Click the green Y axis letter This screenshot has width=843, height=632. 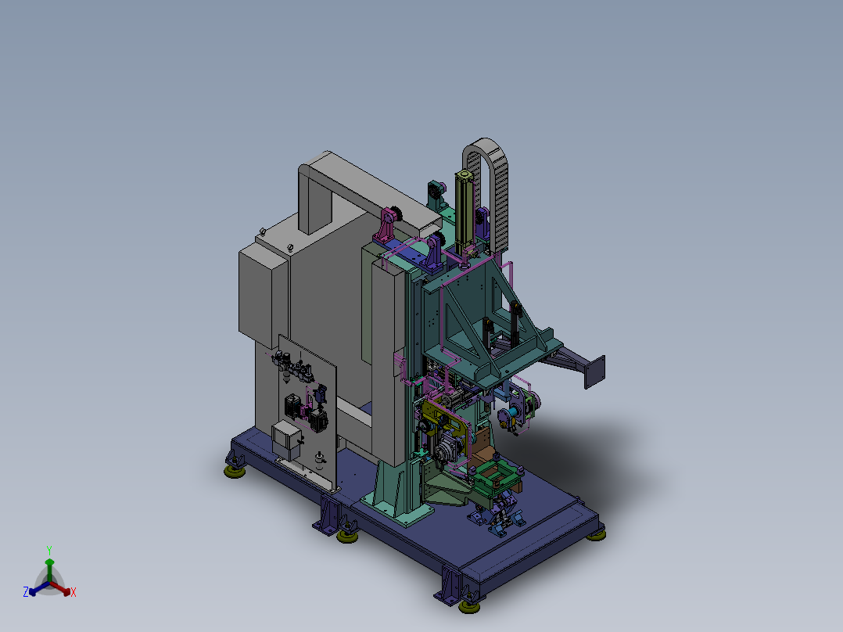coord(49,550)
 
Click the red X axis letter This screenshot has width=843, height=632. coord(74,592)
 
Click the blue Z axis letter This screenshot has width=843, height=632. coord(25,591)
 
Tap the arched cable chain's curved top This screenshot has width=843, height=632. coord(486,144)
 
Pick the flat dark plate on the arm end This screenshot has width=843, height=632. coord(594,371)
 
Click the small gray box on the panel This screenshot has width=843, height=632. coord(286,438)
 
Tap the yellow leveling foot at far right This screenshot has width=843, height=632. coord(596,535)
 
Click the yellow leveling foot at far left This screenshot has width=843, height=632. coord(235,471)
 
